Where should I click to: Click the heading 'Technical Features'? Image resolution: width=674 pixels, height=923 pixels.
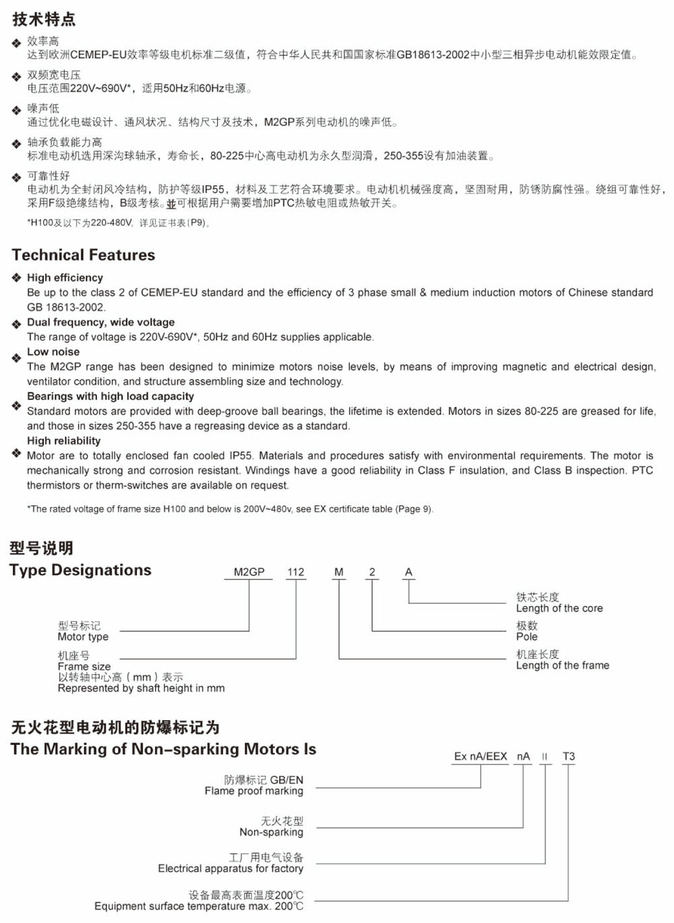84,255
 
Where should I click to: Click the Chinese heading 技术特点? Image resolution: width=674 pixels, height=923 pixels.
44,19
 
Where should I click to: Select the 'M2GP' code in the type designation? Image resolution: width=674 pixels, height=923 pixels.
249,572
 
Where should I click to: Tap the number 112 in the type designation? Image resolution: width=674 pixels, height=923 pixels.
295,572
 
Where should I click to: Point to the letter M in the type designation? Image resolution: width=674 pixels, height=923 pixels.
339,572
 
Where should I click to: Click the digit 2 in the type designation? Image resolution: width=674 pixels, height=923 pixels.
372,572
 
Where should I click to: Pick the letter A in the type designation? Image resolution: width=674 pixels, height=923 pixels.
408,572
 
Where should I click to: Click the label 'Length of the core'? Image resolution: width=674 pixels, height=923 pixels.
559,608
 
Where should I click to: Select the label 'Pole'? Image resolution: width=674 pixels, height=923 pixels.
527,636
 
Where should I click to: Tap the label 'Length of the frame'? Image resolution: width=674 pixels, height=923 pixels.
563,665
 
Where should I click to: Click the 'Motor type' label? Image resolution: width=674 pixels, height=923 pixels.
83,636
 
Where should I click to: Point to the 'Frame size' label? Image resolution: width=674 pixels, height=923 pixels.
84,666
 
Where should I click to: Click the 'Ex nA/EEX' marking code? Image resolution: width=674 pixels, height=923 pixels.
481,756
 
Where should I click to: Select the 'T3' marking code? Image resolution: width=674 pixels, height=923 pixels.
569,756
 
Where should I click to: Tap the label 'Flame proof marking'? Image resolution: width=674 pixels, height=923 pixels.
254,791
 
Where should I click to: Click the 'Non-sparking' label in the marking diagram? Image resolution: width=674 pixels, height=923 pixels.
272,832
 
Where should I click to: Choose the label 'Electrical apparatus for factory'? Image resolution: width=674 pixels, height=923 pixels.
231,868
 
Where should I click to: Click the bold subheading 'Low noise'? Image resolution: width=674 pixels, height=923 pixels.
53,352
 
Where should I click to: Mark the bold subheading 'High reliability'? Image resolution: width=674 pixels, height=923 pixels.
64,441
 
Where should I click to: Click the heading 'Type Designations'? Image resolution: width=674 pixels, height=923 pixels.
81,570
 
